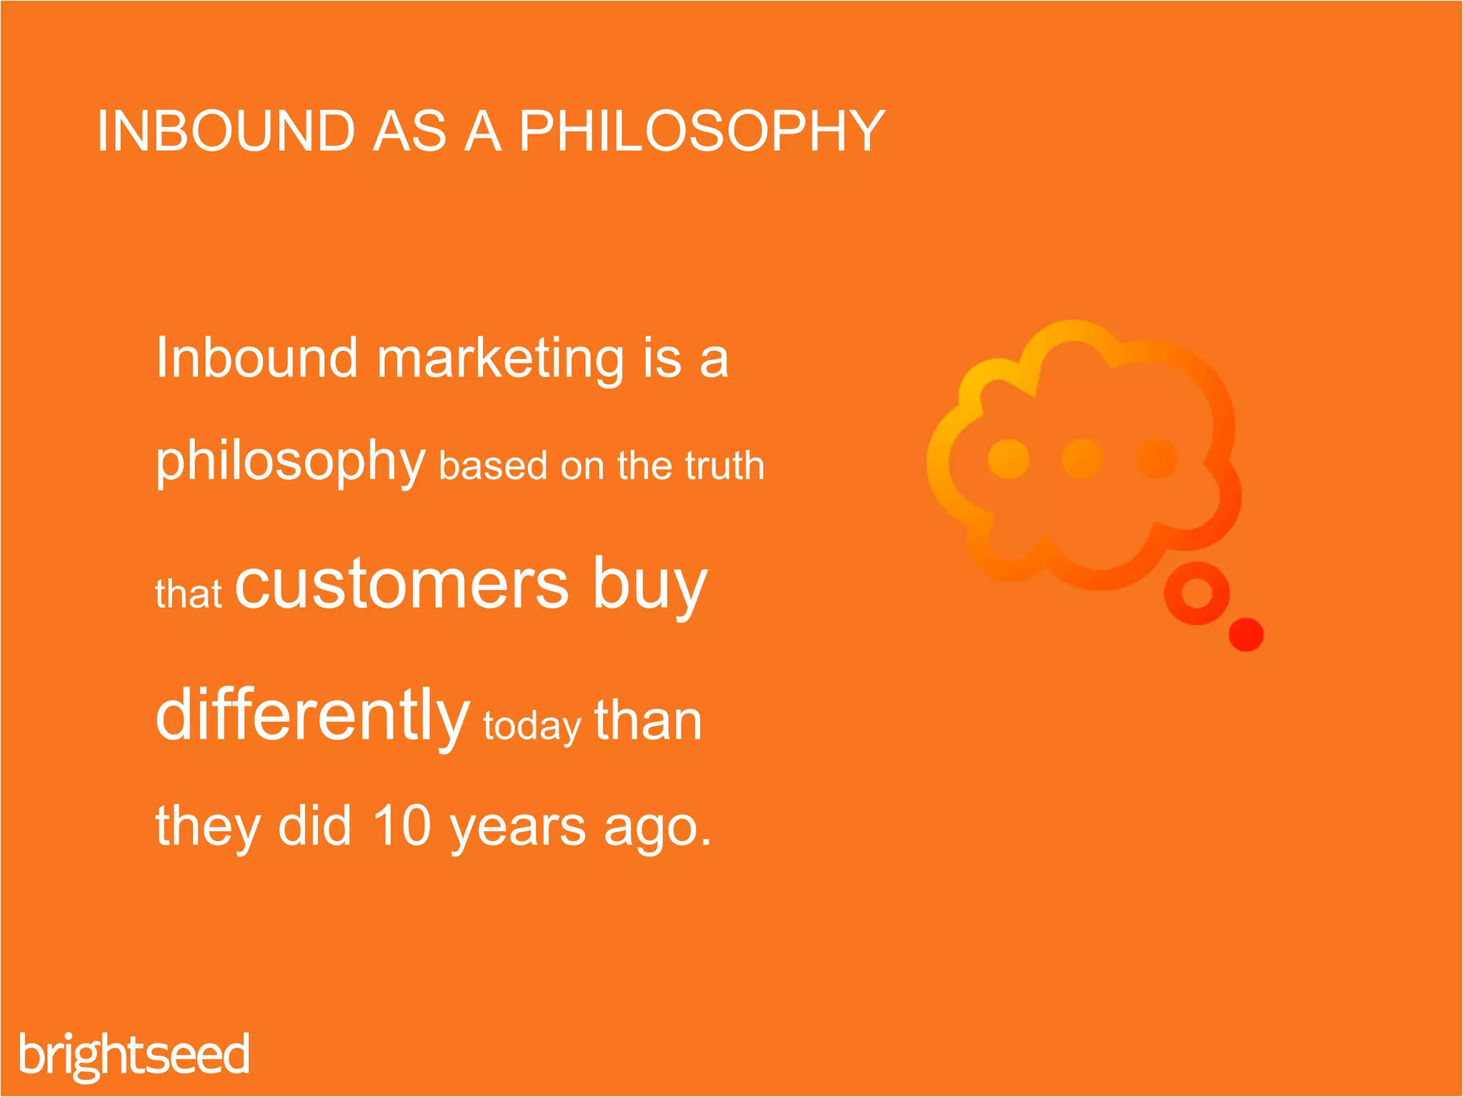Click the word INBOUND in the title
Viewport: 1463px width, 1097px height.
pos(226,131)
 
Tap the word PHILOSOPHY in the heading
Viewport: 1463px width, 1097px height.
pos(701,131)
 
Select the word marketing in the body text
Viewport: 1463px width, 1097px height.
pos(500,359)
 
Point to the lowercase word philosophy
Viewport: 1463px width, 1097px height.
pos(290,463)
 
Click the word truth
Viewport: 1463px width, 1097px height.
pos(724,466)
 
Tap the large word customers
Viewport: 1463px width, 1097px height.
pos(401,584)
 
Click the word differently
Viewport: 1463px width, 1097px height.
pos(312,716)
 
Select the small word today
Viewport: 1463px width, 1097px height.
pos(531,727)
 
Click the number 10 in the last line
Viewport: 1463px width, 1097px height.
pos(402,826)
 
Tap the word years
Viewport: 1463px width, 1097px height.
pos(518,828)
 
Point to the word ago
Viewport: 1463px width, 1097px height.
pos(657,828)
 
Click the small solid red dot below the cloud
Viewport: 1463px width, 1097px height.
pos(1246,634)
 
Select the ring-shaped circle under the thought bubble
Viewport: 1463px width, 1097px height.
pos(1197,593)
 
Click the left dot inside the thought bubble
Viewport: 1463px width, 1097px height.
pos(1008,459)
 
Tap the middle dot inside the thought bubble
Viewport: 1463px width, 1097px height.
pos(1082,459)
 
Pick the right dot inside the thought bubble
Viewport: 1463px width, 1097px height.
pos(1156,459)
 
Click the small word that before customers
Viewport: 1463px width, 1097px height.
pos(188,594)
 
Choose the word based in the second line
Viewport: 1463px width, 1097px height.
pos(493,466)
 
